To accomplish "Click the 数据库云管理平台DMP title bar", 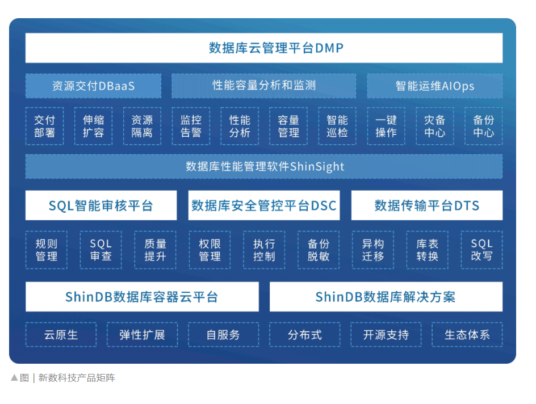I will point(264,48).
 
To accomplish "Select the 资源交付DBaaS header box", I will point(93,86).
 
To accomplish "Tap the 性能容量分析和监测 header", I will point(264,86).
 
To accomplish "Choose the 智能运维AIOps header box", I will point(434,86).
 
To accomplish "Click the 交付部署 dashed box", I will point(44,126).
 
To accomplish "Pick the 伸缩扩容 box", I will point(93,126).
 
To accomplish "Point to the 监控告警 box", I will point(191,126).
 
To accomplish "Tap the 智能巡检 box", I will point(337,126).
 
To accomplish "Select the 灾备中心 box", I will point(434,126).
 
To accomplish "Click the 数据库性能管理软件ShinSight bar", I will point(264,167).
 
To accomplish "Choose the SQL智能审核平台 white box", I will point(101,205).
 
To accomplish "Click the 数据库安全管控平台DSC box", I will point(264,205).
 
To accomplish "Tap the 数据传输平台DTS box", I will point(427,205).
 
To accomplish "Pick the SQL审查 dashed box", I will point(101,250).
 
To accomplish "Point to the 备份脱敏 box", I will point(319,250).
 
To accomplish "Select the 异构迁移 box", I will point(373,250).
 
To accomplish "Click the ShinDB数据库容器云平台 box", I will point(142,297).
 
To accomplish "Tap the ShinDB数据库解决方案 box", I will point(386,297).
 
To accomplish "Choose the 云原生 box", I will point(61,335).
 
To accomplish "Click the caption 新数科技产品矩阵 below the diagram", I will point(77,378).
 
